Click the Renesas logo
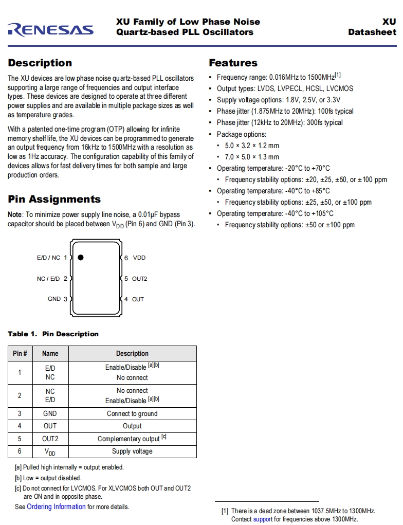50,29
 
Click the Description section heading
40,63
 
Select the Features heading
233,63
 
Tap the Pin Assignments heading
54,200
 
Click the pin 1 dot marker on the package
81,258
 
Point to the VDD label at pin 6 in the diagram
139,258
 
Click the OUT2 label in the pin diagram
139,279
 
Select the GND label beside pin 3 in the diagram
54,299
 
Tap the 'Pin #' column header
20,353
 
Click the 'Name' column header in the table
50,353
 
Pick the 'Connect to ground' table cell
132,413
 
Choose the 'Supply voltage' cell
132,451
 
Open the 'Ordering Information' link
56,506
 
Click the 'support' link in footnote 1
263,519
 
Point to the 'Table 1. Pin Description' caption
53,334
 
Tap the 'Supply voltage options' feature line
278,100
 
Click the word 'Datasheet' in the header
372,32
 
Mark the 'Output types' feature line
285,88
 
